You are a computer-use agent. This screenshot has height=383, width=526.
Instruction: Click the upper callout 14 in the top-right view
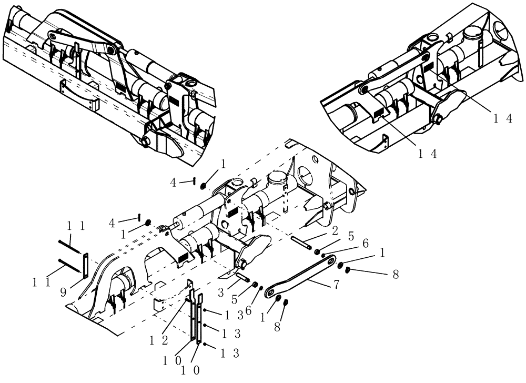pos(502,119)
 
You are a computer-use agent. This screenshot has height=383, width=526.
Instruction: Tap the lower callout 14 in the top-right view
pos(428,153)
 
